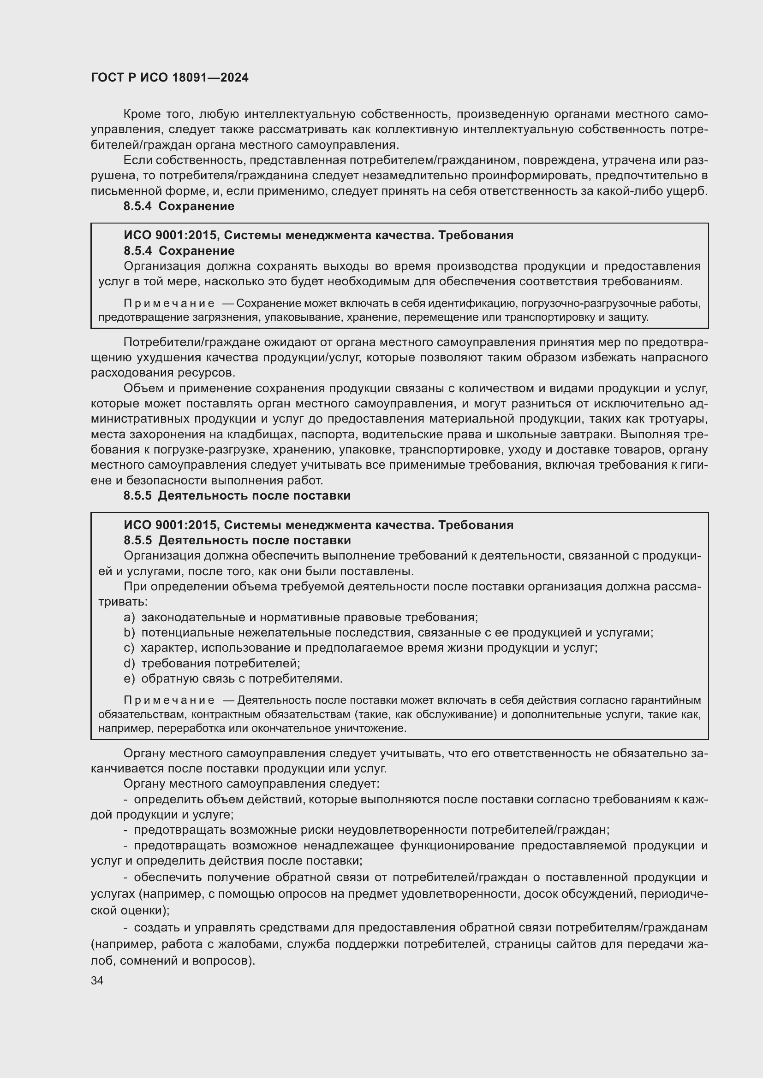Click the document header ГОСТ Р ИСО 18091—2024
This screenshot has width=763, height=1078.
click(x=170, y=78)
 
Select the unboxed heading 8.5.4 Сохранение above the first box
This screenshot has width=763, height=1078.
click(x=179, y=206)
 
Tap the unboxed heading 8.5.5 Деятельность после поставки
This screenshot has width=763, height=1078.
click(x=237, y=496)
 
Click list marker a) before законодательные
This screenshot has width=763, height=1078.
click(x=129, y=618)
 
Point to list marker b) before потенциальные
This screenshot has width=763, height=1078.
click(x=129, y=633)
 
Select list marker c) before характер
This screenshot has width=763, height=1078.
click(x=129, y=648)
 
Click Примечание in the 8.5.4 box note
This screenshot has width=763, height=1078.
click(x=169, y=304)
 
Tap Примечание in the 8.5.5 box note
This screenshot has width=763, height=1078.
click(x=169, y=701)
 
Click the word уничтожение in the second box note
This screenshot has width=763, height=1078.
click(x=370, y=729)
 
